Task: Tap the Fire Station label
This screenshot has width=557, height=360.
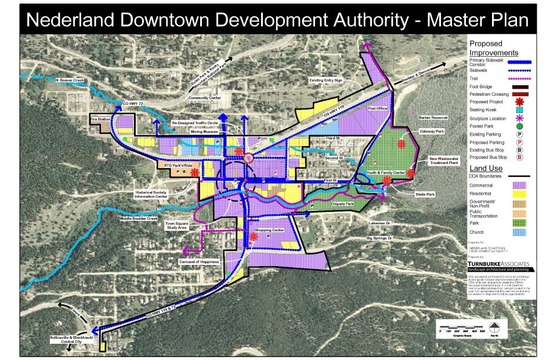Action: [x=100, y=119]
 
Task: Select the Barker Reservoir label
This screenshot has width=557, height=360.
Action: [x=431, y=118]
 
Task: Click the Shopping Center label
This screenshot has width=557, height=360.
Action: [x=269, y=230]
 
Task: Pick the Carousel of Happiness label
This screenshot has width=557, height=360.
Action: [x=199, y=262]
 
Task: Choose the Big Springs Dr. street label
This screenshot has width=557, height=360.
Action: [x=379, y=238]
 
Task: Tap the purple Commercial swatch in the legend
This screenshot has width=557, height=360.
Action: [x=519, y=185]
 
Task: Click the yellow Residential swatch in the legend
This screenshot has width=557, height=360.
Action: [x=519, y=194]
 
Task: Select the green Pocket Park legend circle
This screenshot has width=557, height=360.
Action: [x=519, y=126]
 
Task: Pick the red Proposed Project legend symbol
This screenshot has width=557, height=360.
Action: [x=519, y=103]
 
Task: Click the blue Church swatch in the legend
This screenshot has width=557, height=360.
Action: [x=519, y=232]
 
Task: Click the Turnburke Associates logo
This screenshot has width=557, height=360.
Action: [x=502, y=264]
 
